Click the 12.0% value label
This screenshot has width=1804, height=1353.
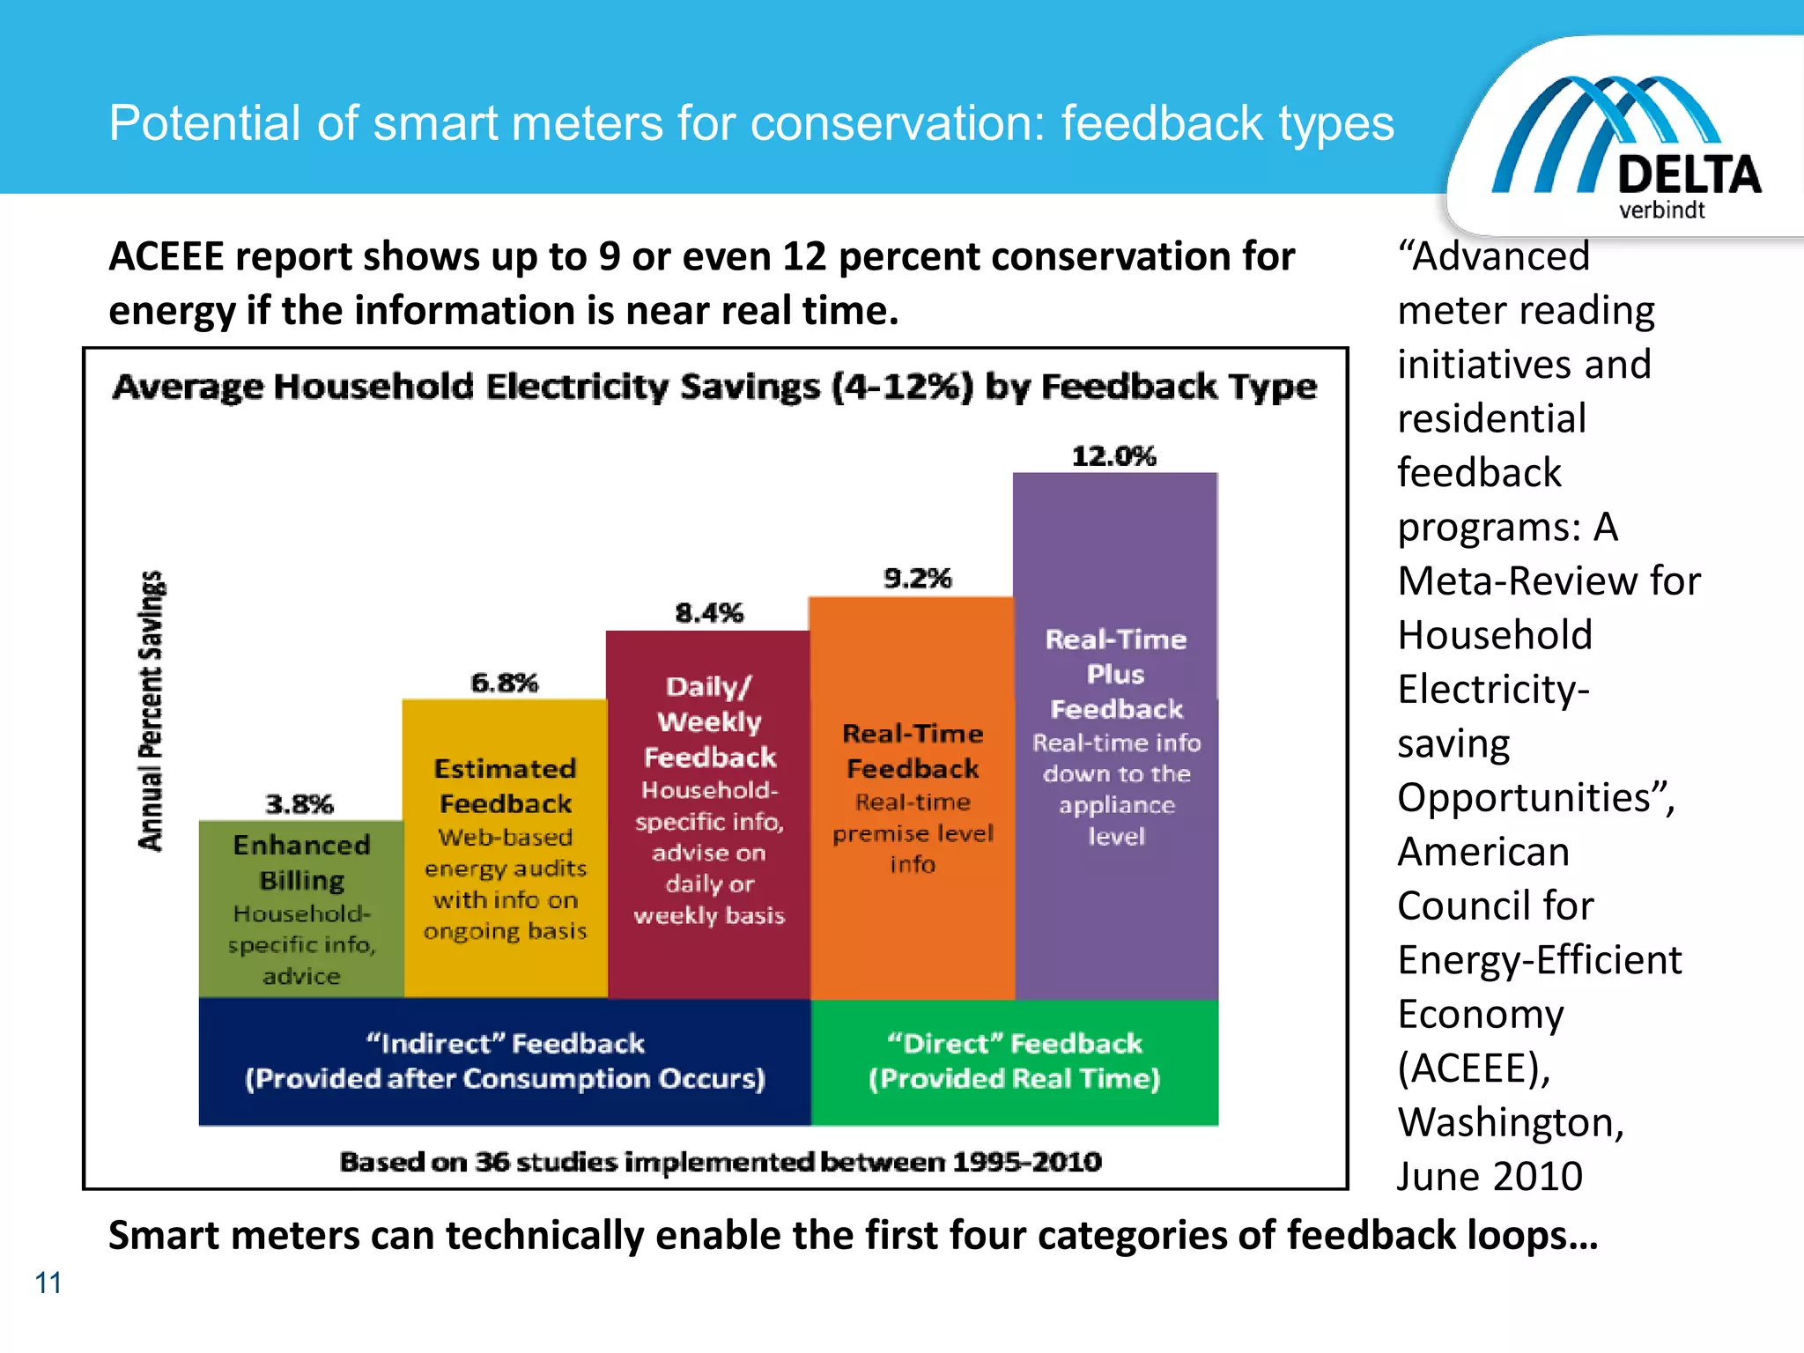coord(1113,456)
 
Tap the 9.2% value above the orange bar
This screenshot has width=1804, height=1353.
coord(917,579)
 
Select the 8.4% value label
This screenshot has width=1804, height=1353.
coord(709,613)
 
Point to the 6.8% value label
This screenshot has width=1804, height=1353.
coord(504,683)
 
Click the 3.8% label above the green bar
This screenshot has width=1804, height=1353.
coord(299,804)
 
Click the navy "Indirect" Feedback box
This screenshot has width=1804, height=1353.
coord(505,1061)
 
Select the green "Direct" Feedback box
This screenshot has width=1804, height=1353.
coord(1014,1061)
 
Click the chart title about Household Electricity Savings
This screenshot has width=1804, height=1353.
coord(714,387)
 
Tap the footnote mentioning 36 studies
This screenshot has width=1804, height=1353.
coord(721,1162)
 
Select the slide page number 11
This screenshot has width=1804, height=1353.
coord(48,1283)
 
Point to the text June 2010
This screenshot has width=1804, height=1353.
coord(1490,1177)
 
